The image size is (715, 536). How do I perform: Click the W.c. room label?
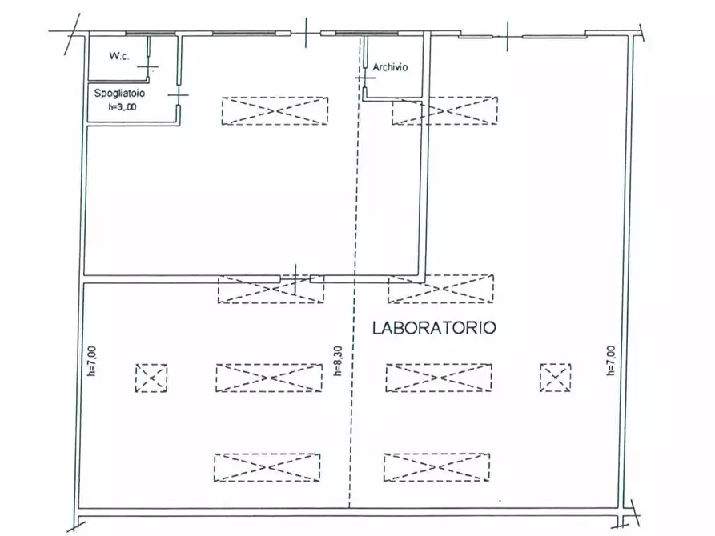tap(119, 58)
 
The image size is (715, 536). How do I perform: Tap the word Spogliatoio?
tap(118, 94)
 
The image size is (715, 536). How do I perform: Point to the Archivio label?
tap(390, 68)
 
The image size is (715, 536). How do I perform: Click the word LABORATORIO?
tap(433, 328)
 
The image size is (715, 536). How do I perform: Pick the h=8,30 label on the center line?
tap(339, 361)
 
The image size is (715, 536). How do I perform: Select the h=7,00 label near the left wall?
tap(92, 361)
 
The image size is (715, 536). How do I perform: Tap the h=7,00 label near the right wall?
tap(611, 361)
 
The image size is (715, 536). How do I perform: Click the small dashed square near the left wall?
tap(151, 378)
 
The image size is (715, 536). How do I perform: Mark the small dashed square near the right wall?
tap(555, 378)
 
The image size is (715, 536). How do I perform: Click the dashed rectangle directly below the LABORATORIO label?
tap(439, 378)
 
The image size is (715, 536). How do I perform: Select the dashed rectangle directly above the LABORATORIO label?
tap(441, 289)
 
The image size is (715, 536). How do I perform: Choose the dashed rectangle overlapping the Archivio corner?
tap(444, 111)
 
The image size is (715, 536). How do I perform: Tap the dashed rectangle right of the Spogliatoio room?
tap(275, 111)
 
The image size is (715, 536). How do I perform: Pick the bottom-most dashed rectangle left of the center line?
tap(267, 467)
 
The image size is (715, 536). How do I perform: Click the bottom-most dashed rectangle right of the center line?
tap(437, 467)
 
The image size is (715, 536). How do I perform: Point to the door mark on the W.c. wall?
tap(148, 67)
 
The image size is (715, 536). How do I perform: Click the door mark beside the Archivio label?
tap(364, 78)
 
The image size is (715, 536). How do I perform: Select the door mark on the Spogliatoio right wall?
tap(179, 94)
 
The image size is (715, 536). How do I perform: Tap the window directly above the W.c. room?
tap(150, 34)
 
